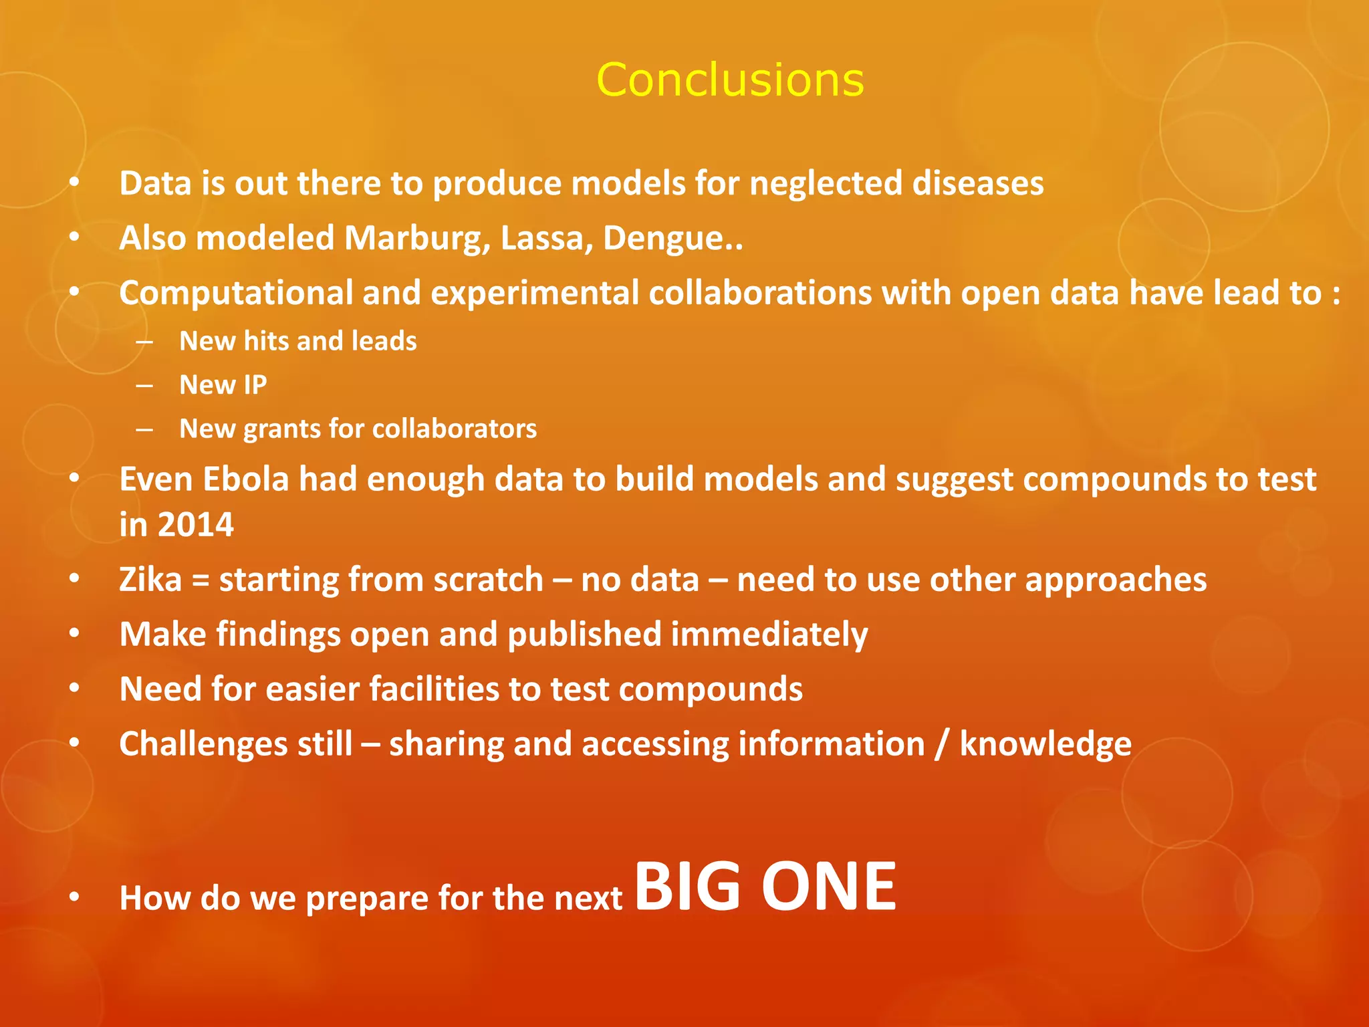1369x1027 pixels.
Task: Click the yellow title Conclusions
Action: pyautogui.click(x=730, y=80)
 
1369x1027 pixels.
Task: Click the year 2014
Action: pyautogui.click(x=195, y=525)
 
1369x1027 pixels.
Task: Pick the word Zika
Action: pyautogui.click(x=150, y=580)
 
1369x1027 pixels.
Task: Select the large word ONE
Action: pyautogui.click(x=829, y=887)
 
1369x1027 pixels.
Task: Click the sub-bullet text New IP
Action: pyautogui.click(x=223, y=385)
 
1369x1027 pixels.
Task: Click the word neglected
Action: pyautogui.click(x=826, y=184)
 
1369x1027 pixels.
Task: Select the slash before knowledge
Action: pyautogui.click(x=942, y=744)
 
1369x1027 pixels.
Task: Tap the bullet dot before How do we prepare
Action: pyautogui.click(x=74, y=897)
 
